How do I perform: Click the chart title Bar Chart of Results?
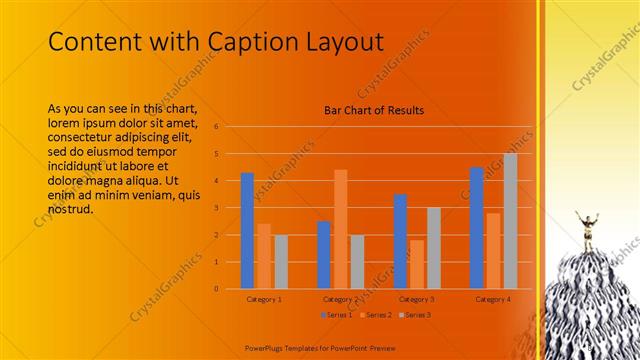point(374,110)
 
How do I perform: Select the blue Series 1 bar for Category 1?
point(247,231)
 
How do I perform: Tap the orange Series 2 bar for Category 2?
point(340,229)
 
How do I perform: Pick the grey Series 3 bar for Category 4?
point(510,221)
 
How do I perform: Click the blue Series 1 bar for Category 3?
point(400,241)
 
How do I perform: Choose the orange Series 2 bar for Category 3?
point(416,264)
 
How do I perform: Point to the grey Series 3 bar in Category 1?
point(281,262)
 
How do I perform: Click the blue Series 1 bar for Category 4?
point(476,228)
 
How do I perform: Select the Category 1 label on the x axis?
point(264,299)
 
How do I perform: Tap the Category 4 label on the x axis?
point(493,299)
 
